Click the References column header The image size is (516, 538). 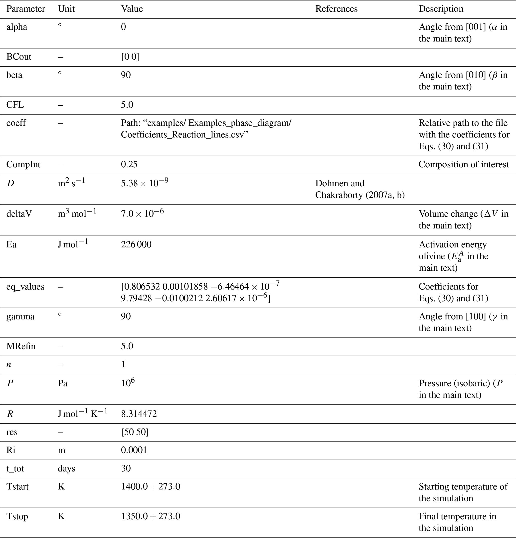[x=336, y=9]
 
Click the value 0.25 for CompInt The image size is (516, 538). [x=129, y=164]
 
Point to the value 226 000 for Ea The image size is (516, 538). [x=136, y=244]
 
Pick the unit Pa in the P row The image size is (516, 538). [x=62, y=383]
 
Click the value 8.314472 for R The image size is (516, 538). [x=139, y=414]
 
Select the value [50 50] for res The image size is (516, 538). [x=135, y=432]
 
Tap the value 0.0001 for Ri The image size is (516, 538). [x=134, y=450]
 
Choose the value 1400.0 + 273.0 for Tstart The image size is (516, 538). [x=150, y=486]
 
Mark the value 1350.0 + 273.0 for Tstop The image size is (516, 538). [x=150, y=516]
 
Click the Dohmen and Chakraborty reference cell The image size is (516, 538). [x=359, y=189]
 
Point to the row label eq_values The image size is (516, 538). [x=25, y=287]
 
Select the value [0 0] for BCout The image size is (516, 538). [x=130, y=57]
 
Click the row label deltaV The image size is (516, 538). [x=19, y=214]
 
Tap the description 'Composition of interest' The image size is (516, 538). [x=464, y=164]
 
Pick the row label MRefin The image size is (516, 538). [x=21, y=346]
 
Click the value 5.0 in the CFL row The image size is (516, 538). [x=127, y=105]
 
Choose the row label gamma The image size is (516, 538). [x=20, y=317]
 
